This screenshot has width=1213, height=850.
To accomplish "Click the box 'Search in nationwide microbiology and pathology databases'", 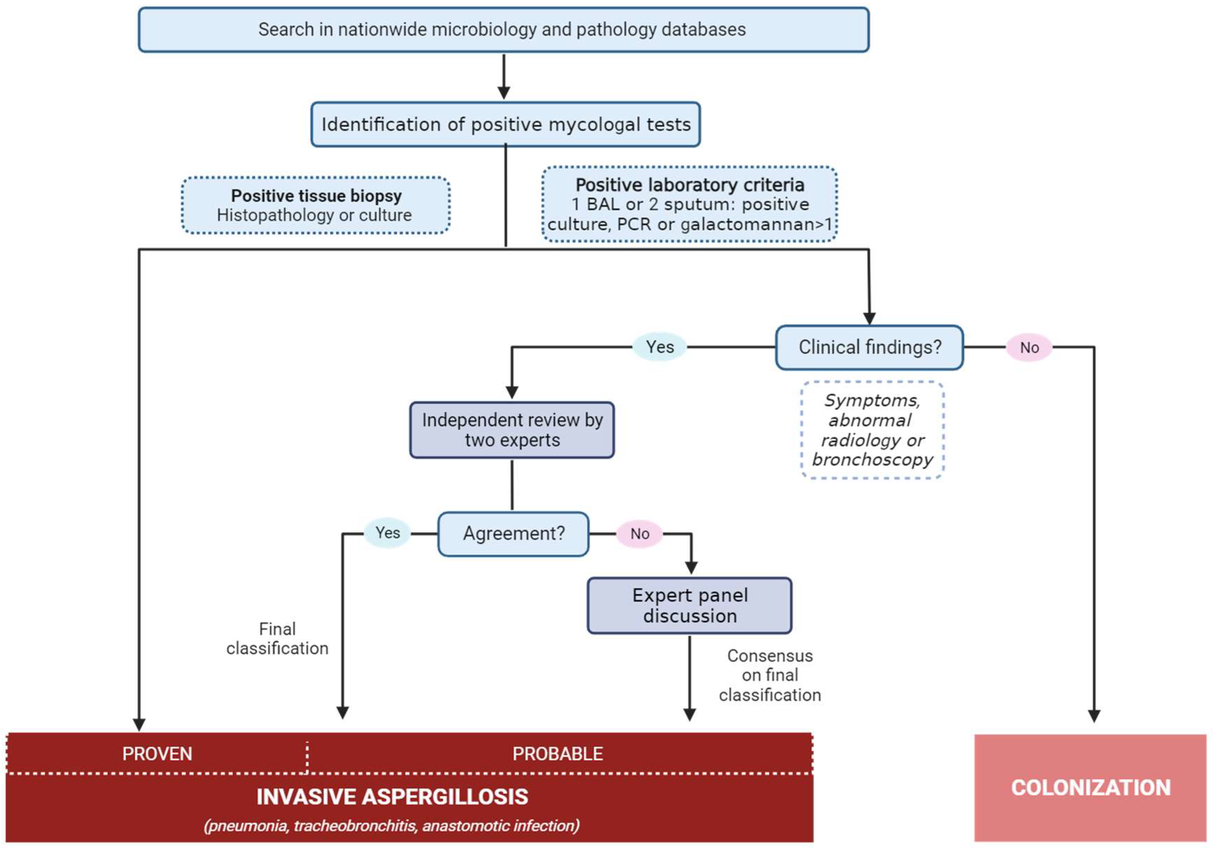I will pyautogui.click(x=503, y=30).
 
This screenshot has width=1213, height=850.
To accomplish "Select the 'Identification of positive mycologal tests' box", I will pyautogui.click(x=506, y=125).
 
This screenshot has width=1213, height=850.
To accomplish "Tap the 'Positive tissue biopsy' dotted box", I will pyautogui.click(x=315, y=205).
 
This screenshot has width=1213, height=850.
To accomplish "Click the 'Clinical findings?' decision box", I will pyautogui.click(x=869, y=347).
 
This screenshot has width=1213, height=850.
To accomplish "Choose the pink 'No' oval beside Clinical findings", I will pyautogui.click(x=1029, y=347).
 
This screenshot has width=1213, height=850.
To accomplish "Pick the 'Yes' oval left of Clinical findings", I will pyautogui.click(x=660, y=347).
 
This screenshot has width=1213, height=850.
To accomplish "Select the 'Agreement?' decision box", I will pyautogui.click(x=513, y=533).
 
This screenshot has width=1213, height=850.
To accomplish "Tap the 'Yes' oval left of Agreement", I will pyautogui.click(x=387, y=533).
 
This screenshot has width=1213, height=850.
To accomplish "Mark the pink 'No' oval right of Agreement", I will pyautogui.click(x=639, y=533).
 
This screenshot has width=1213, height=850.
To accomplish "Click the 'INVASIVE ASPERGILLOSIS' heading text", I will pyautogui.click(x=392, y=797).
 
